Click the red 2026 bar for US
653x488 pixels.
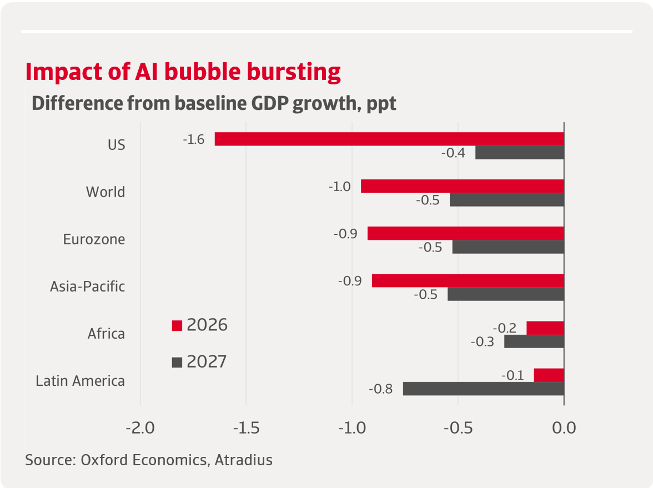click(x=389, y=139)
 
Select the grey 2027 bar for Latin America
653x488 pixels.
click(x=483, y=389)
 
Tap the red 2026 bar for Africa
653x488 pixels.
click(x=545, y=328)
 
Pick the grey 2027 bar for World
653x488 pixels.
click(x=506, y=200)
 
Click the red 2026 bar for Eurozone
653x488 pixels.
click(x=465, y=233)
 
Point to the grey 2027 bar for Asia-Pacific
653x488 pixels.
click(x=505, y=294)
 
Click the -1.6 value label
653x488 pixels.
click(x=194, y=139)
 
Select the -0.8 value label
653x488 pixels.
click(x=381, y=389)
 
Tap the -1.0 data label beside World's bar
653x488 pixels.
click(x=339, y=187)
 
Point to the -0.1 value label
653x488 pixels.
click(x=513, y=376)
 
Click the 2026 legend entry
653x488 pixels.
click(x=200, y=325)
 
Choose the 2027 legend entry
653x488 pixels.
click(x=200, y=362)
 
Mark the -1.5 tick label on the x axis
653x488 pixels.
click(x=246, y=429)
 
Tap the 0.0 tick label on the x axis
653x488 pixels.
click(x=564, y=429)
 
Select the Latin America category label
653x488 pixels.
click(x=80, y=381)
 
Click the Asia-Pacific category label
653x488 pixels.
click(x=87, y=286)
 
